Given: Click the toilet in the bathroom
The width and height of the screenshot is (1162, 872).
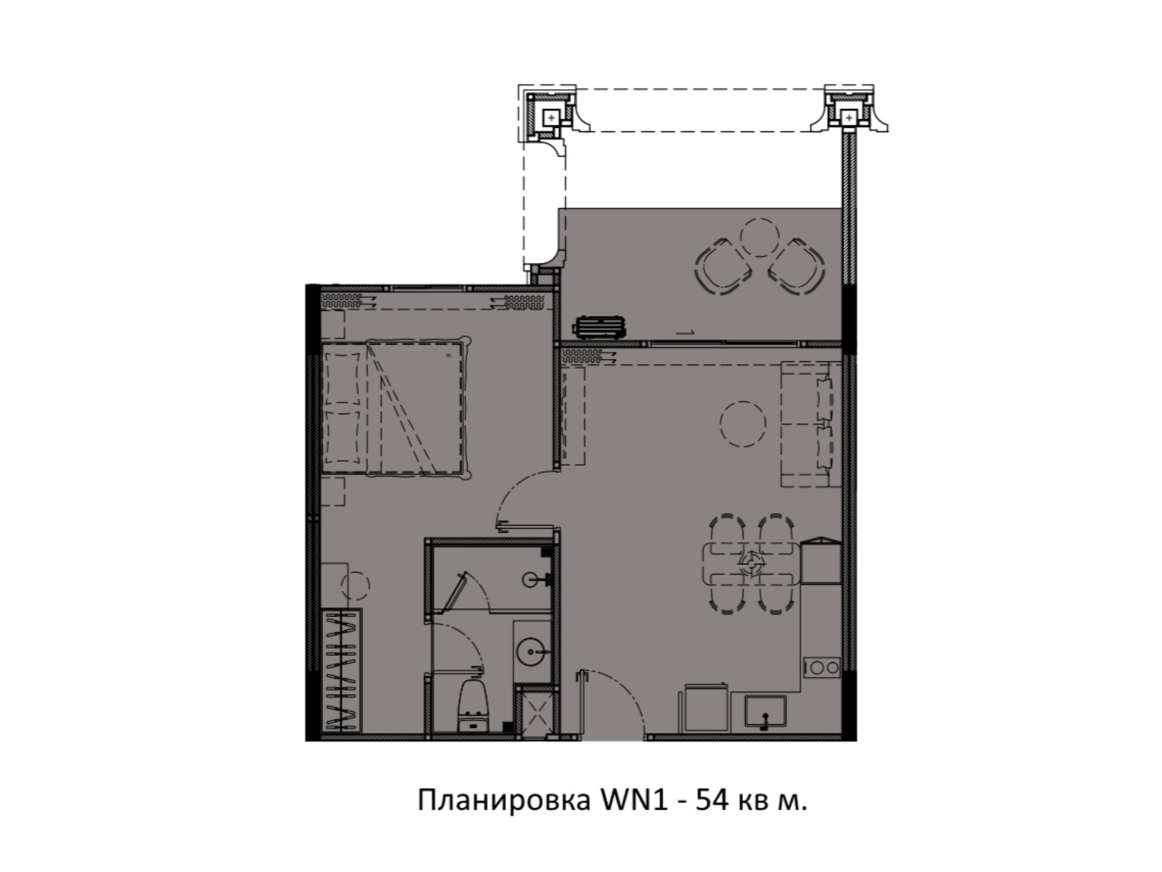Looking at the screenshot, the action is (474, 705).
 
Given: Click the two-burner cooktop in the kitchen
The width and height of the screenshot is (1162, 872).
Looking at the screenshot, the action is (821, 668).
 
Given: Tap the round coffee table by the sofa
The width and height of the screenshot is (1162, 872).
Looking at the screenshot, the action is (743, 424).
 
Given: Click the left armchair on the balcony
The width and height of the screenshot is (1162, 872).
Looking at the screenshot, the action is (724, 266).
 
